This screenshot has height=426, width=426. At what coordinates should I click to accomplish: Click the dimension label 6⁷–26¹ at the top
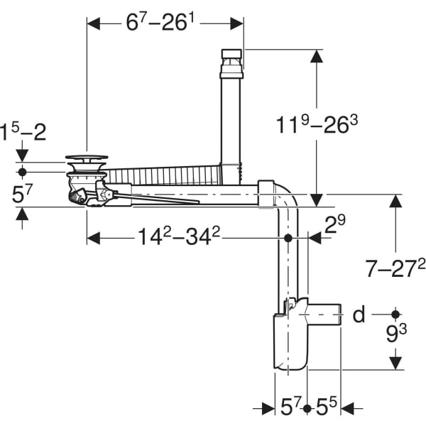pos(160,22)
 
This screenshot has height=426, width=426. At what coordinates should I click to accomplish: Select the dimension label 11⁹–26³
pos(317,124)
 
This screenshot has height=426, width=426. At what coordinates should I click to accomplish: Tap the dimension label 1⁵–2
pos(23,132)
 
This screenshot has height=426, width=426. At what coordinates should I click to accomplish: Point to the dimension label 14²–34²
pos(179,236)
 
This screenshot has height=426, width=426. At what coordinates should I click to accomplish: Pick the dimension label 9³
pos(396,334)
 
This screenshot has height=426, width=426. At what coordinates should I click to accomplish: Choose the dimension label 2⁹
pos(335,224)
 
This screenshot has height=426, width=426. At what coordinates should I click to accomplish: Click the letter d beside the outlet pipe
pos(359,314)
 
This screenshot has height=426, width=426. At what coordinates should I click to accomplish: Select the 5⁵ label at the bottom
pos(326,407)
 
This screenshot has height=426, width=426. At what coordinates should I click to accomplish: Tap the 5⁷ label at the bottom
pos(291,407)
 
